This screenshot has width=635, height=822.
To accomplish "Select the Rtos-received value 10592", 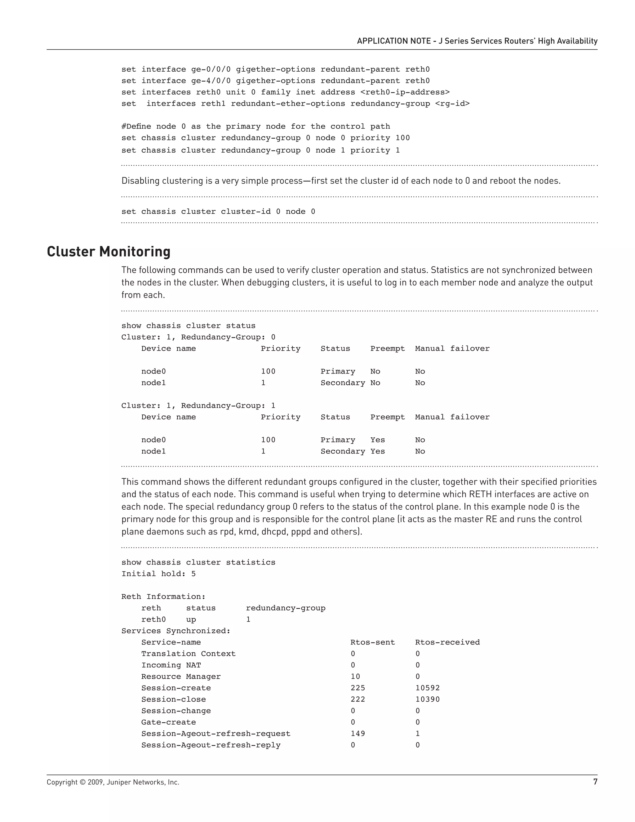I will pos(427,688).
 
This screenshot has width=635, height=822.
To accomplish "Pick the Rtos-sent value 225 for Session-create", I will pos(357,688).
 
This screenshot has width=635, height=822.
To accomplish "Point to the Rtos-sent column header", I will pos(372,642).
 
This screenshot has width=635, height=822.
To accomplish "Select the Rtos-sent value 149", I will pos(357,733).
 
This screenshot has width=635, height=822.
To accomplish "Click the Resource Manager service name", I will pos(181,676).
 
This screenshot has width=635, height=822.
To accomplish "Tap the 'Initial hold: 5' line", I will pos(158,574).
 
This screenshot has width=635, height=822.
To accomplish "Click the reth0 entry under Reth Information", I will pos(153,619).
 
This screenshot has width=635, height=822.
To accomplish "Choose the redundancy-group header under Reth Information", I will pos(286,608).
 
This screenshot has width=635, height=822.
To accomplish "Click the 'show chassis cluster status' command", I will pos(188,326).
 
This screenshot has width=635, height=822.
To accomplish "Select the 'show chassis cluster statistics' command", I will pos(198,562).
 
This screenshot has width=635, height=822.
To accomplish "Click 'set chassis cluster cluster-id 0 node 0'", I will pos(218,212).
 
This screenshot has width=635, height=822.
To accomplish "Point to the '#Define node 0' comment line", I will pos(255,127).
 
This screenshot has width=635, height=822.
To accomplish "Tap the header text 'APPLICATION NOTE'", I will pos(393,41).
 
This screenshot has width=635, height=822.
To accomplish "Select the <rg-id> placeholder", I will pos(452,104).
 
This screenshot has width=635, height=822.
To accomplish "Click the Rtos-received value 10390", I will pos(427,699).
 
